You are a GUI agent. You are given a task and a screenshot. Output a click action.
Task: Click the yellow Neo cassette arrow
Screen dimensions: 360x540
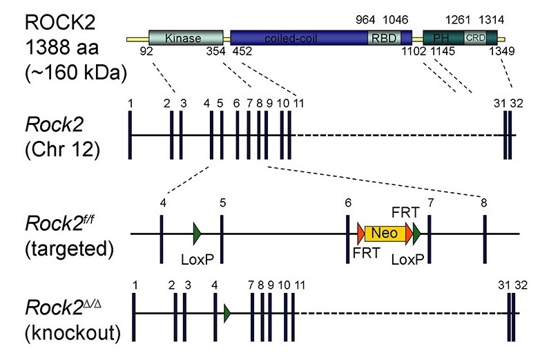click(x=385, y=234)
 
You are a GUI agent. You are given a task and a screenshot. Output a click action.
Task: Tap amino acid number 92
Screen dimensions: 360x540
click(x=145, y=52)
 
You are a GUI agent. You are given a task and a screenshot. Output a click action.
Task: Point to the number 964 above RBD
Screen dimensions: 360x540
click(x=365, y=20)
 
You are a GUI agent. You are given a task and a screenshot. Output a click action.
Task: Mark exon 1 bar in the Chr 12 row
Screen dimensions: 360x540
click(x=131, y=135)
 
